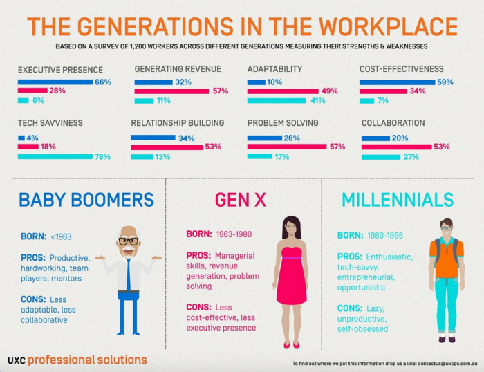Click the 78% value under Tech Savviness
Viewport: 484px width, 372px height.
coord(102,156)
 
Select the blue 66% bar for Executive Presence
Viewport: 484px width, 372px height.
coord(55,82)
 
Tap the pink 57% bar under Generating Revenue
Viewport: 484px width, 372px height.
coord(171,91)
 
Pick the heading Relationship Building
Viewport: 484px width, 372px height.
coord(177,123)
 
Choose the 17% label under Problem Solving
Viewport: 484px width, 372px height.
coord(283,156)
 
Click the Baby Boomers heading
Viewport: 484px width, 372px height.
coord(86,200)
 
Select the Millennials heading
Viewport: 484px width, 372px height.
coord(398,200)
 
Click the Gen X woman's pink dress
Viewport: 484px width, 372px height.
coord(291,277)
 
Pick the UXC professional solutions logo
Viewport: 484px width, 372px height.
coord(77,360)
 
